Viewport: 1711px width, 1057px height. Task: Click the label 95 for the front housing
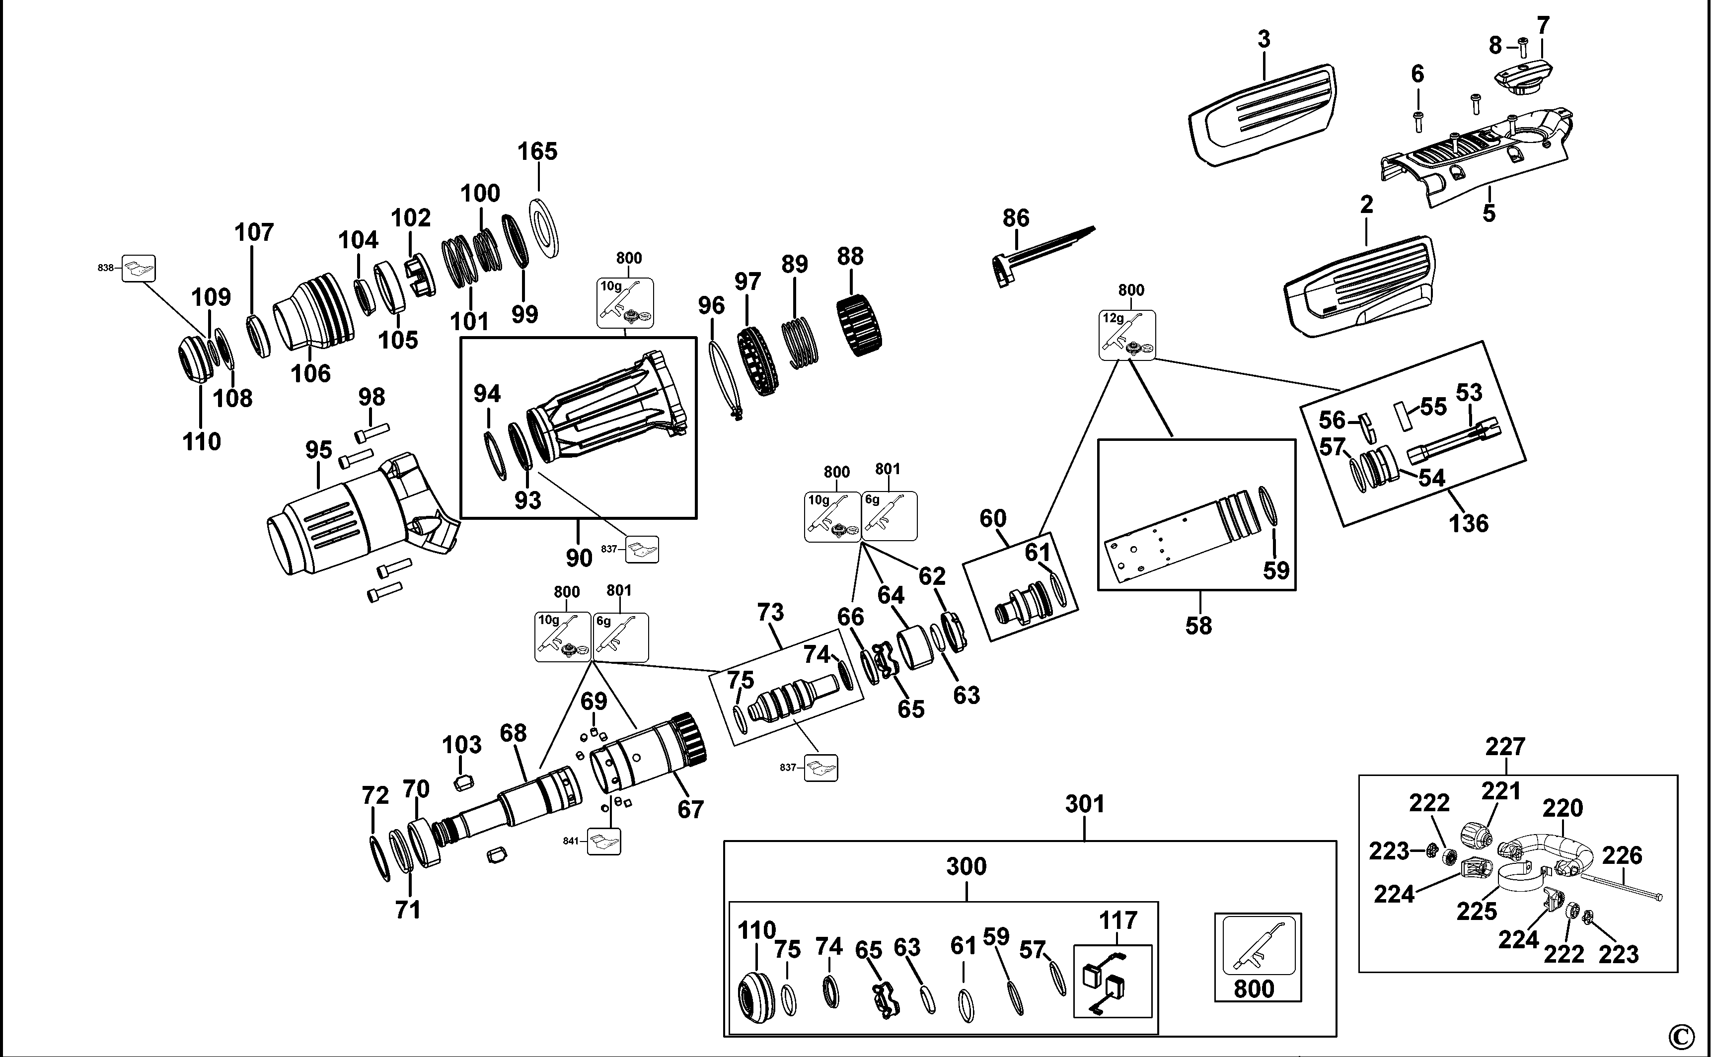pos(318,450)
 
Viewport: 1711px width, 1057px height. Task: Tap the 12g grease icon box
pos(1127,336)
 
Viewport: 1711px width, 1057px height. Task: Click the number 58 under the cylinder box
pos(1198,626)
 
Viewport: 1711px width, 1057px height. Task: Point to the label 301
pos(1085,805)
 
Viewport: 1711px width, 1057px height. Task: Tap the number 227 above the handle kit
pos(1505,747)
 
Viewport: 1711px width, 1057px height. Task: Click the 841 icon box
pos(603,841)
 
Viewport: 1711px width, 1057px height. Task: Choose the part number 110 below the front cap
pos(201,442)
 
